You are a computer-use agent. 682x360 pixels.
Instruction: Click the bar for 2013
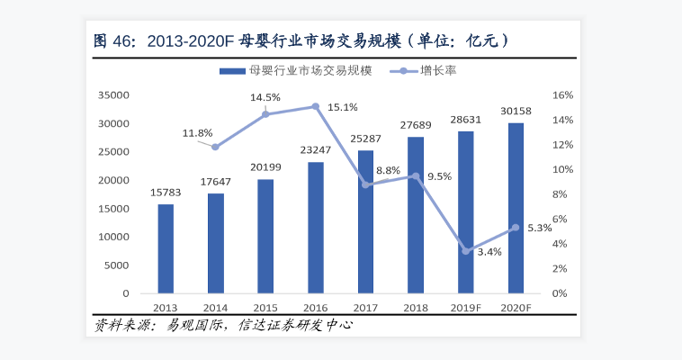point(166,248)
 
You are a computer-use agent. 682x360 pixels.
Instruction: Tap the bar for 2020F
point(516,208)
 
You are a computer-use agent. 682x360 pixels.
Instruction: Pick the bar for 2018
point(416,215)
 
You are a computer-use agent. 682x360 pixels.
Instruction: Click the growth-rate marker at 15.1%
point(316,106)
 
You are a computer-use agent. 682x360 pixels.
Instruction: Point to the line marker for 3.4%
point(466,251)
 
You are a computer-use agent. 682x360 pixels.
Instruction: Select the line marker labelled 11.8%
point(215,147)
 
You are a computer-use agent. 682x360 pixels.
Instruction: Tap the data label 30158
point(516,112)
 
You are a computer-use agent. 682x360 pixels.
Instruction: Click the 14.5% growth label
point(265,97)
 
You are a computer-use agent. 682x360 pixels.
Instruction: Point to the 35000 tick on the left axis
point(114,94)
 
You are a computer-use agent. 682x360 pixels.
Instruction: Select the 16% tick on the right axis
point(562,94)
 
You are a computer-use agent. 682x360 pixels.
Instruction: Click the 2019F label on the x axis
point(466,308)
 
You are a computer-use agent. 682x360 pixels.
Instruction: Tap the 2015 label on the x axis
point(265,308)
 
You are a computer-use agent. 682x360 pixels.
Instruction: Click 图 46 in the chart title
point(114,40)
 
